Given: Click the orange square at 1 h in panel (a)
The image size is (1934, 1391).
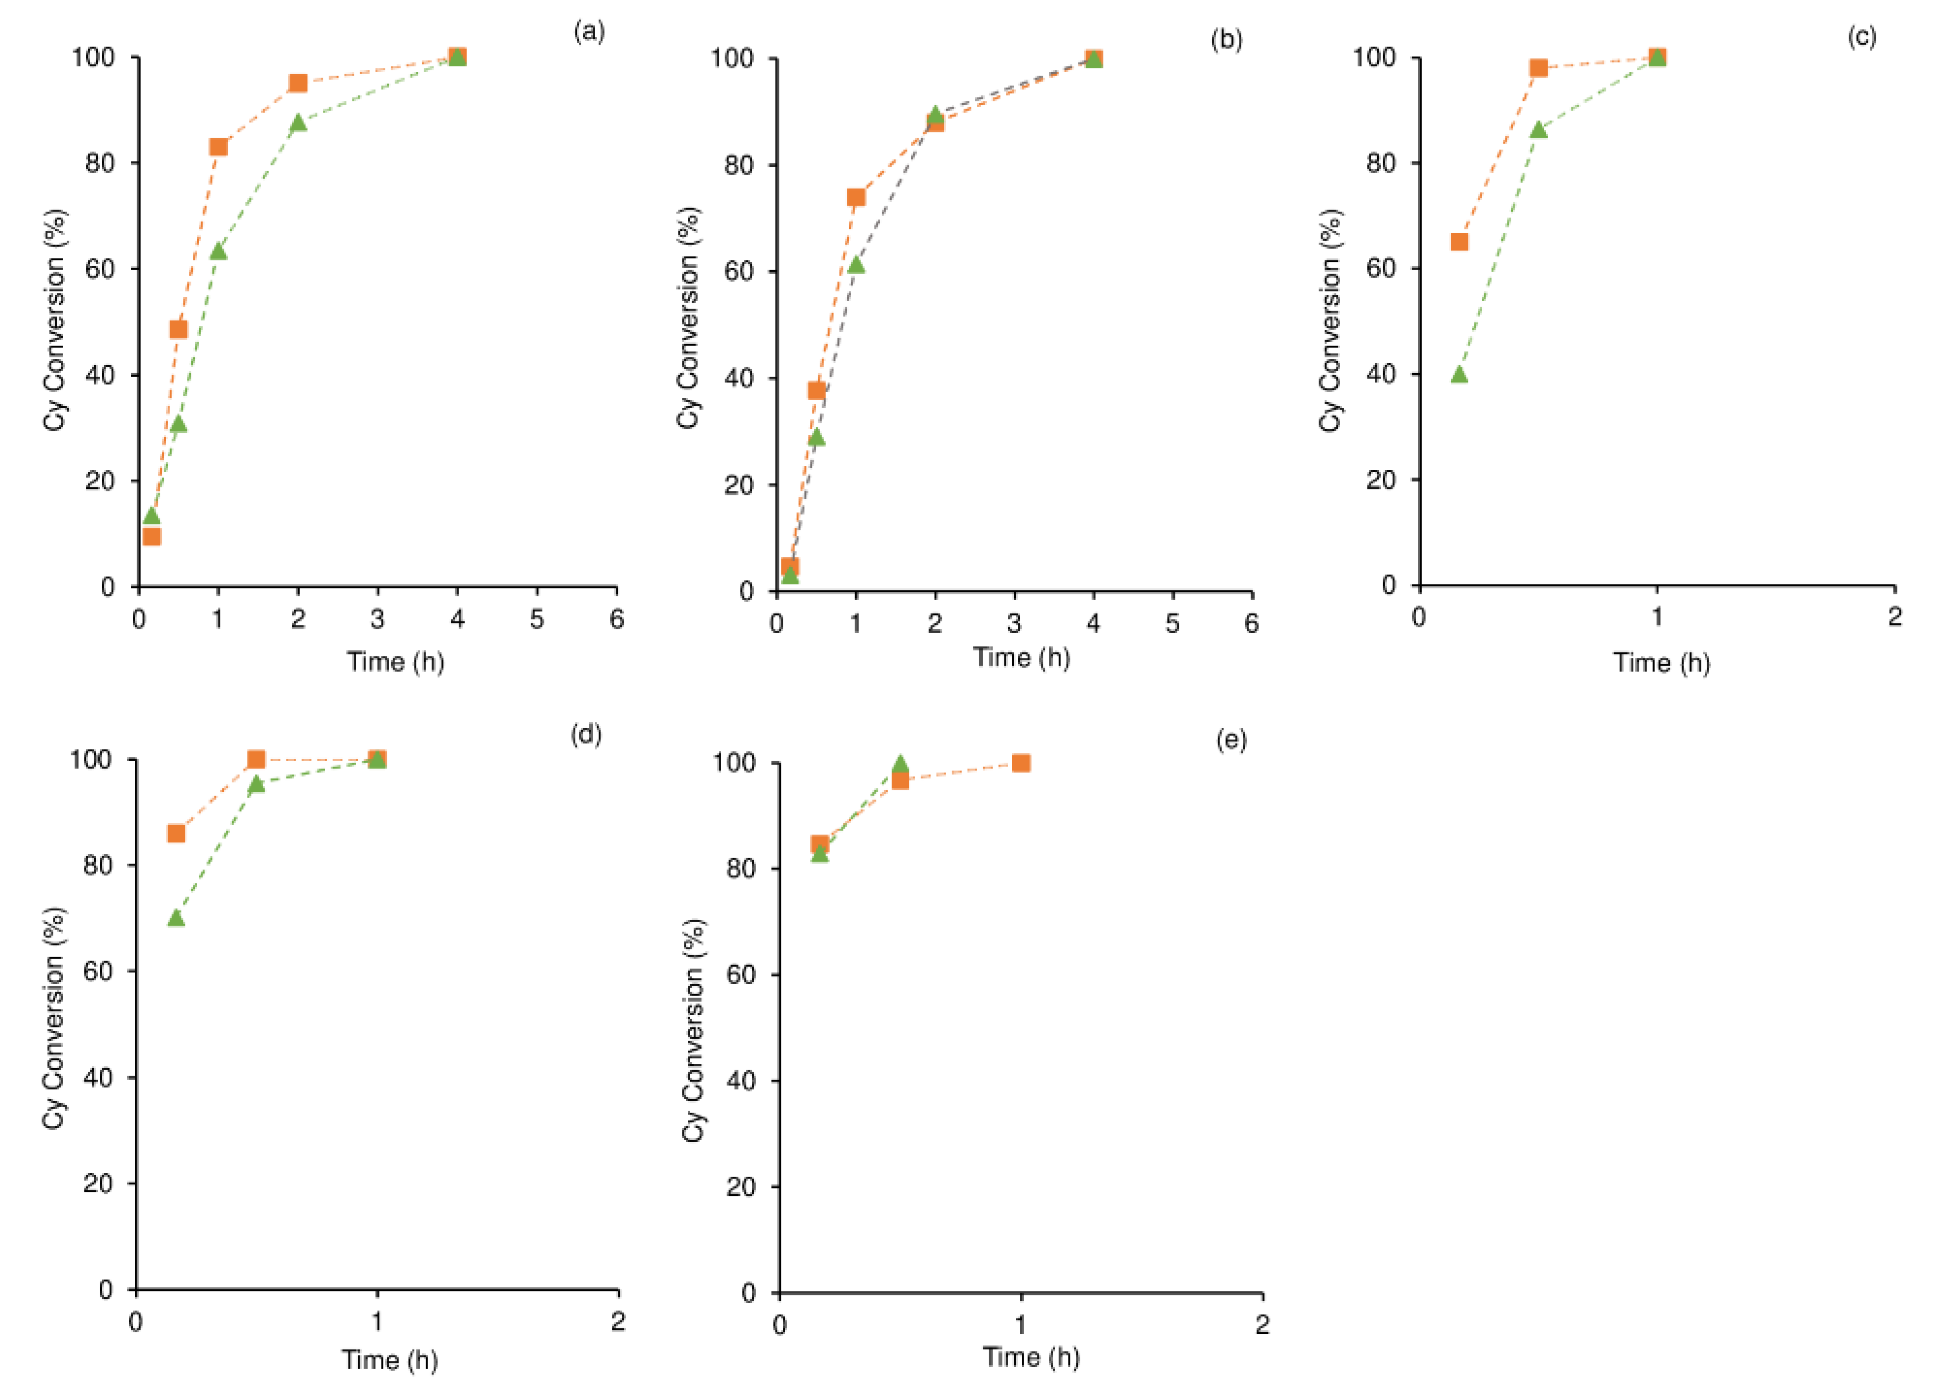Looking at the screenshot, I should [218, 147].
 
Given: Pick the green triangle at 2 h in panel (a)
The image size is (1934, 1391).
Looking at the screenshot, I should [298, 123].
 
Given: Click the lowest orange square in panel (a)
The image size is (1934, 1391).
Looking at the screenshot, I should [152, 536].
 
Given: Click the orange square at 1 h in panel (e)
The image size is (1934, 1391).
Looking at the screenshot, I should [1021, 763].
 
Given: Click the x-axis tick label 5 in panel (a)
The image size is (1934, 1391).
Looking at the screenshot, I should [537, 619].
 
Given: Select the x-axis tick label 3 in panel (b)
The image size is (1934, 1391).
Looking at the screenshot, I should [1014, 624].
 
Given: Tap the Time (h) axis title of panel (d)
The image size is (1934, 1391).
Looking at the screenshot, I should [390, 1359].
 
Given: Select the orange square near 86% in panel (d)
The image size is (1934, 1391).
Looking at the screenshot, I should [175, 833].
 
